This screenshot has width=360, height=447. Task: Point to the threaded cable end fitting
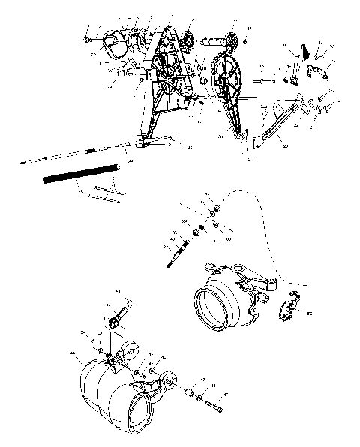pos(178,252)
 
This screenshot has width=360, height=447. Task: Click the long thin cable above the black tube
pos(67,157)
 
